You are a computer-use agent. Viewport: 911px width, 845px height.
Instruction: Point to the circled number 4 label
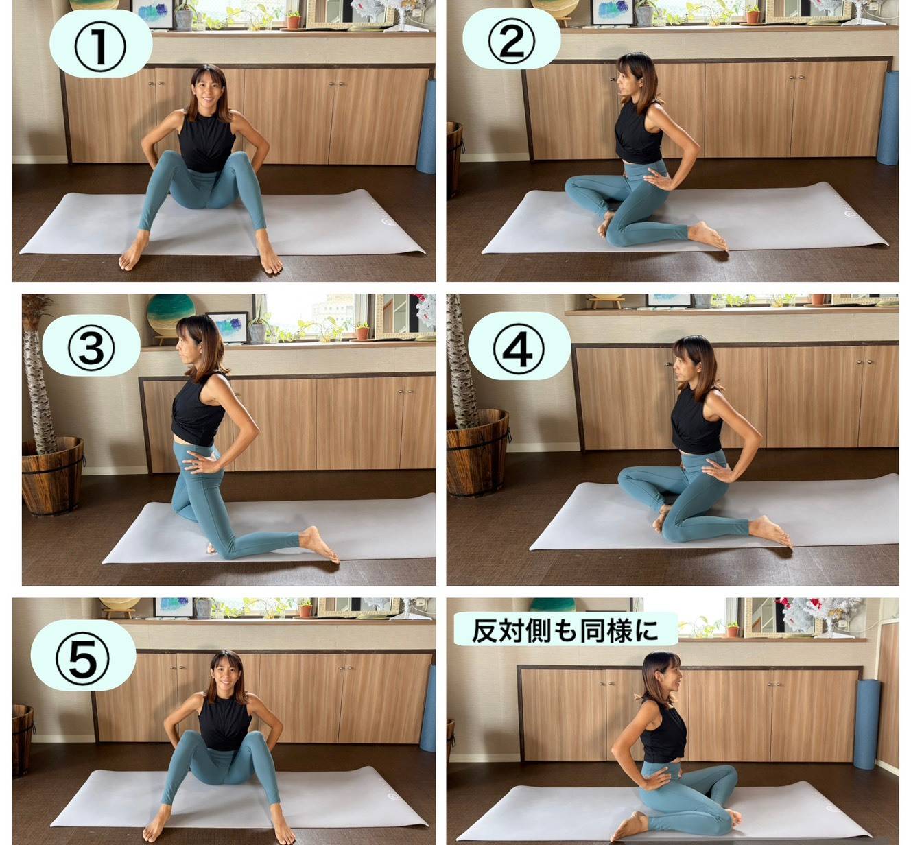pyautogui.click(x=519, y=348)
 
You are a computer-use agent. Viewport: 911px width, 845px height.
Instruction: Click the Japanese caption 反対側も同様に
pyautogui.click(x=565, y=631)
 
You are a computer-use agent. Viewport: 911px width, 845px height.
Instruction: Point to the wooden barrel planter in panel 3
pyautogui.click(x=53, y=475)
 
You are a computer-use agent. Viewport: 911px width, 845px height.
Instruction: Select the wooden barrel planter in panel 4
pyautogui.click(x=477, y=452)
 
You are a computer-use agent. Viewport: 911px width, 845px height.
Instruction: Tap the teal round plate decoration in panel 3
pyautogui.click(x=170, y=315)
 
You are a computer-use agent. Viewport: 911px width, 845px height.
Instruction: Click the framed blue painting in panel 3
pyautogui.click(x=228, y=326)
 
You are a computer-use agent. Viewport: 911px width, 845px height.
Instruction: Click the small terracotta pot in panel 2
pyautogui.click(x=753, y=16)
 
